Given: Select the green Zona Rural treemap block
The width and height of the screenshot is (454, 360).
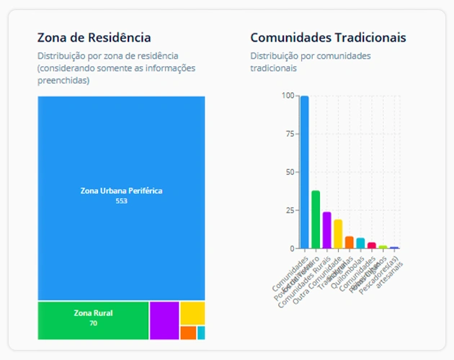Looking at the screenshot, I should [x=93, y=320].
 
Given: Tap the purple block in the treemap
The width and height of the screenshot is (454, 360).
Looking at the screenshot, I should [x=164, y=320].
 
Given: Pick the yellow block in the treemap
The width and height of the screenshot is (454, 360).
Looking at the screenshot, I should [x=192, y=312].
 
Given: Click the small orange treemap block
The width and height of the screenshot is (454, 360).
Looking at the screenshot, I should [x=188, y=333].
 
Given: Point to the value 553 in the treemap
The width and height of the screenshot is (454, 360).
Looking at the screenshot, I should [x=121, y=201].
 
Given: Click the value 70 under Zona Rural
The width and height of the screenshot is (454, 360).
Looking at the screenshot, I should [x=93, y=324].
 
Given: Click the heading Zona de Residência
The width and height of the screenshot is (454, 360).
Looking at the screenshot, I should [x=94, y=37].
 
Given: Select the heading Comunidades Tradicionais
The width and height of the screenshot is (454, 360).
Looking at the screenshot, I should [x=328, y=37].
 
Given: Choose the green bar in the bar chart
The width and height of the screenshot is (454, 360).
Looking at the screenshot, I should [x=316, y=220].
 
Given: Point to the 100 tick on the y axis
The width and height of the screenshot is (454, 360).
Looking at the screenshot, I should [x=288, y=96].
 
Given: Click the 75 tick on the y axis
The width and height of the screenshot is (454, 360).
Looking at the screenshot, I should [x=290, y=134].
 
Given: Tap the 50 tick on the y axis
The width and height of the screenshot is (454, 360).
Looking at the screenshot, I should [x=290, y=172].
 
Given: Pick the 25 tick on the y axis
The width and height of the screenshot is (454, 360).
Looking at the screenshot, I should [x=290, y=210].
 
